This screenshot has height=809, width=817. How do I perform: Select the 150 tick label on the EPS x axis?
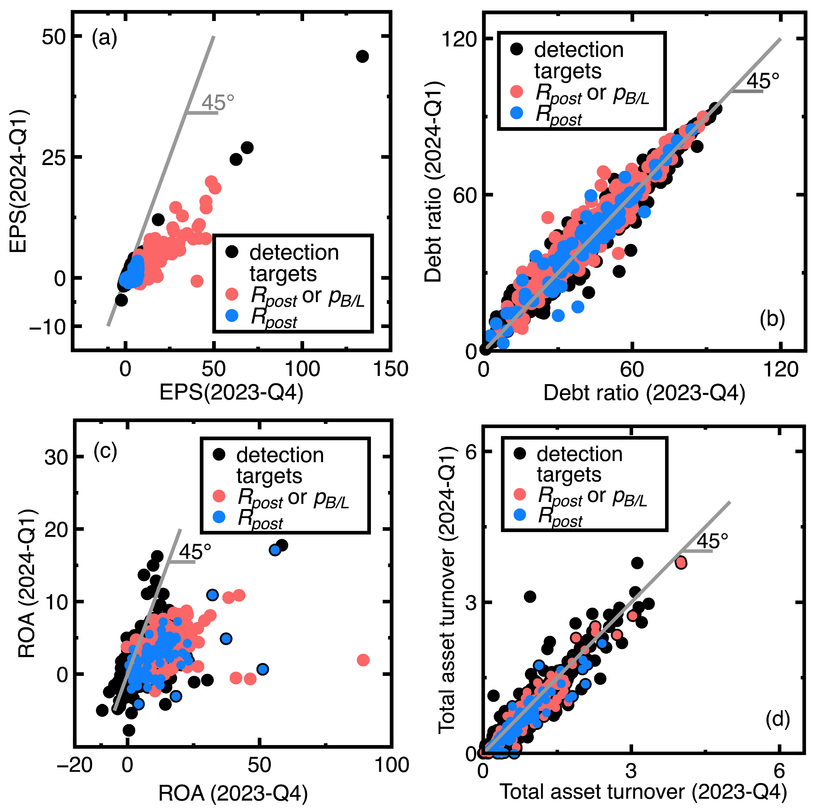[x=390, y=369]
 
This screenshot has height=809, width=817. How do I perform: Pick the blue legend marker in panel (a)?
[x=232, y=315]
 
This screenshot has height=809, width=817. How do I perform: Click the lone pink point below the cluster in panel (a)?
[x=197, y=281]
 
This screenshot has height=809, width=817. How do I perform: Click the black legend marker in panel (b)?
[x=516, y=50]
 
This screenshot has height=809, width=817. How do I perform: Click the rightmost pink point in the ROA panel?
[x=363, y=660]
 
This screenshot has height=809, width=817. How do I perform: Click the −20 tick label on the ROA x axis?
[x=74, y=765]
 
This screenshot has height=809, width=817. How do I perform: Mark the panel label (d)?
[x=777, y=719]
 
